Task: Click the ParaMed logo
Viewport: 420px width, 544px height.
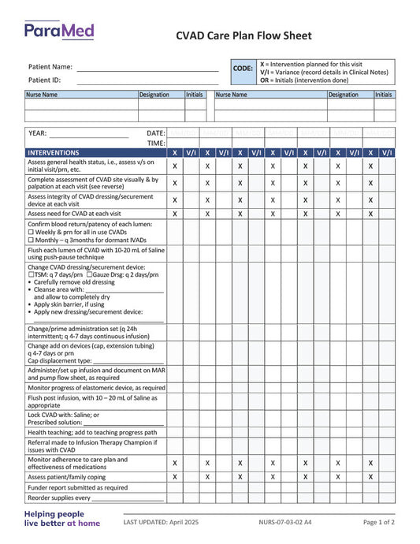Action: (59, 32)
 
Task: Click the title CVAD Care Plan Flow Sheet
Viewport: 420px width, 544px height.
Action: (243, 35)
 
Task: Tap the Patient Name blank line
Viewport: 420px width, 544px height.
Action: (147, 69)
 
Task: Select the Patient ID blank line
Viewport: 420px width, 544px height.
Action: (147, 81)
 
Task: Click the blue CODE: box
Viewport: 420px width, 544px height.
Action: (243, 69)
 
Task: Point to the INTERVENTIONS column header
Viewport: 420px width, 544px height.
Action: (54, 152)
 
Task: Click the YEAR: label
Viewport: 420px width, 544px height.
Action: (38, 133)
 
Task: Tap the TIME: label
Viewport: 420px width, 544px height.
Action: (156, 143)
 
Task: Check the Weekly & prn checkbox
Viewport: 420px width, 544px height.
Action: (31, 233)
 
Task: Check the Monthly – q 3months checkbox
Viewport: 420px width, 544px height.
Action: (31, 240)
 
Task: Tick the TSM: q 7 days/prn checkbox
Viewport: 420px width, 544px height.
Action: (31, 274)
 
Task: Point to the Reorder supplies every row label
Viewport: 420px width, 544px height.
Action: (59, 498)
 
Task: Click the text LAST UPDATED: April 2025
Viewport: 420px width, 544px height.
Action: (162, 522)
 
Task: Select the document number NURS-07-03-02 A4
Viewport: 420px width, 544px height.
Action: (284, 522)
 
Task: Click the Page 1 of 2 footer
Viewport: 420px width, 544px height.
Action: (379, 522)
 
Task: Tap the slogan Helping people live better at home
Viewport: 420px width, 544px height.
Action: (61, 518)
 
